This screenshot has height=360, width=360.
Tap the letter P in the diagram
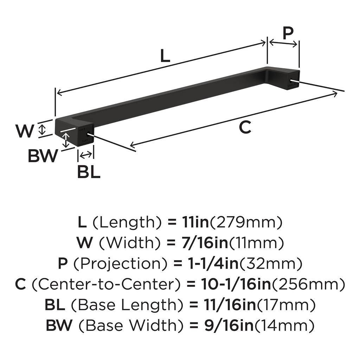click(288, 33)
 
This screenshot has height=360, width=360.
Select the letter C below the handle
click(245, 127)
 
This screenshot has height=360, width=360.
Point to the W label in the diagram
click(25, 131)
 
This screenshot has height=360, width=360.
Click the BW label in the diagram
click(42, 156)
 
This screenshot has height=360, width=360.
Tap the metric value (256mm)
click(308, 284)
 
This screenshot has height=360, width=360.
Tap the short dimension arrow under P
click(283, 43)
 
